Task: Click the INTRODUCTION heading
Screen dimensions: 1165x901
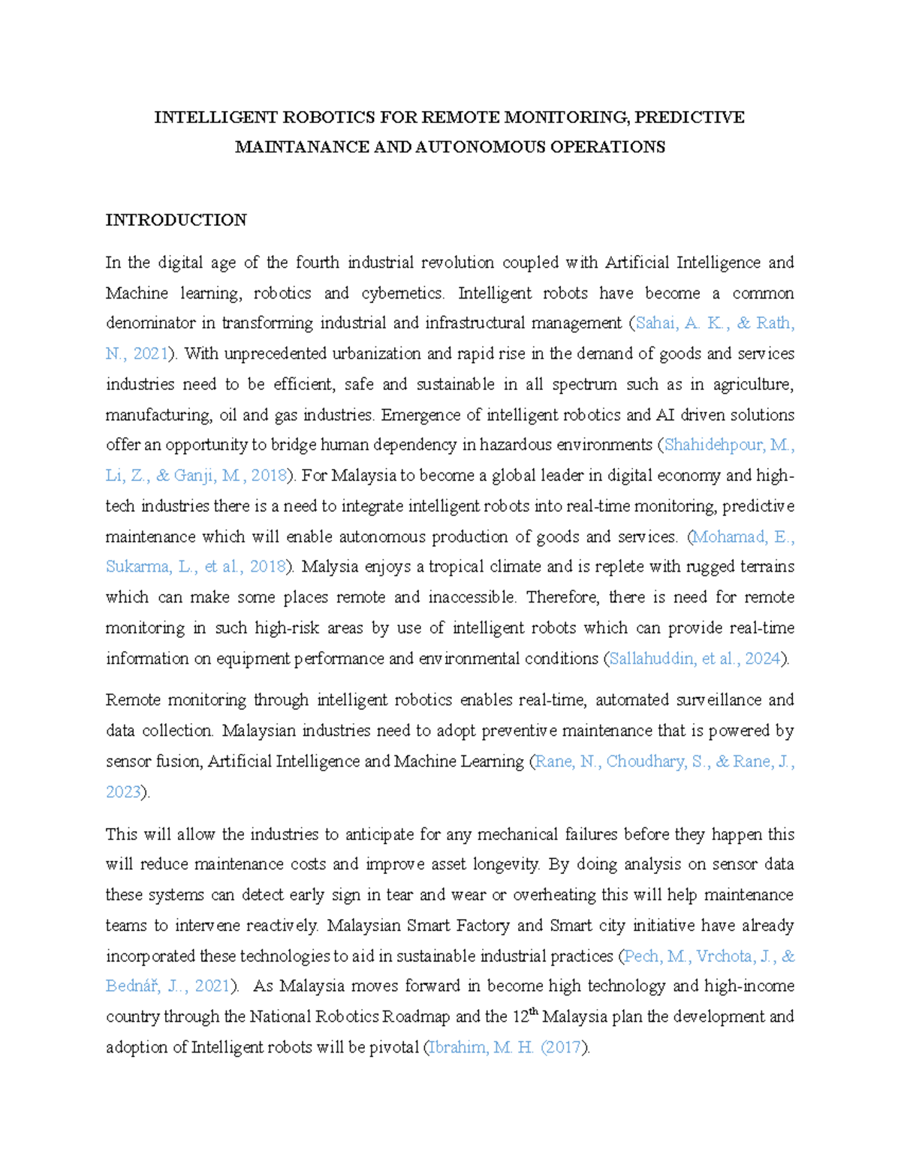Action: pyautogui.click(x=176, y=220)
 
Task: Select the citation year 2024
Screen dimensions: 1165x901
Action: pyautogui.click(x=762, y=659)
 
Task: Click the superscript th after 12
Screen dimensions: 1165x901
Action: pyautogui.click(x=535, y=1011)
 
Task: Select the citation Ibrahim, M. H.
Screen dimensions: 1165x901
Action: pyautogui.click(x=481, y=1047)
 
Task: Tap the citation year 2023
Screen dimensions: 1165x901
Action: pyautogui.click(x=123, y=792)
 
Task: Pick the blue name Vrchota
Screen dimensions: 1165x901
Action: pyautogui.click(x=727, y=956)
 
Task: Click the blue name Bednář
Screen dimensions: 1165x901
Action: pyautogui.click(x=132, y=986)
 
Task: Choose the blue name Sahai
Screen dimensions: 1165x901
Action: pyautogui.click(x=656, y=323)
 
